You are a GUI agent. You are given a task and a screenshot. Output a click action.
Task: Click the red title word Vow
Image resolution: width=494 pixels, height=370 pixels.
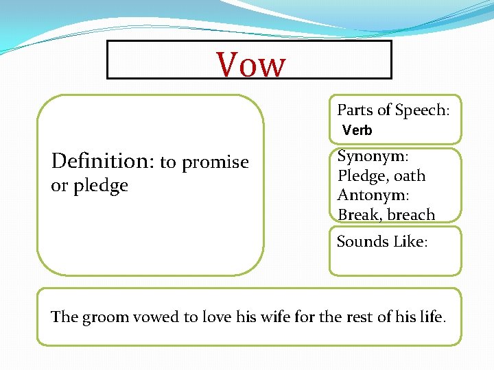click(x=250, y=64)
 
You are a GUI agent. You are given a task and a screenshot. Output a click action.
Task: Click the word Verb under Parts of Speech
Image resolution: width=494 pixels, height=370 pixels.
click(x=357, y=130)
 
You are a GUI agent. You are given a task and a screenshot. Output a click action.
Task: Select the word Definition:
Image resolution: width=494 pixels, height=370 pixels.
click(x=103, y=161)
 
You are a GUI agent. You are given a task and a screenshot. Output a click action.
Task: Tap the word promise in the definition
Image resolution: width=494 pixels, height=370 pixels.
click(x=217, y=163)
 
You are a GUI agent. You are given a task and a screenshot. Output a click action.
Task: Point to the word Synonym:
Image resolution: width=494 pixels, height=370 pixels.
click(x=370, y=157)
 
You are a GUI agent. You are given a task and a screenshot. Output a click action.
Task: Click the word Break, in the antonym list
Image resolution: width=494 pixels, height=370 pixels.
click(x=360, y=214)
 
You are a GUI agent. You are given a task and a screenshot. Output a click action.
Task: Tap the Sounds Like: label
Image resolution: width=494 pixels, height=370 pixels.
click(x=381, y=242)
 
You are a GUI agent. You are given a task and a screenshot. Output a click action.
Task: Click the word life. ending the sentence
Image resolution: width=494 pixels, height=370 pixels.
click(x=432, y=317)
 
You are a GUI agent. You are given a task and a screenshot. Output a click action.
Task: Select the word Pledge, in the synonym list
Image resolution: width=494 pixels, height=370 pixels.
click(x=361, y=176)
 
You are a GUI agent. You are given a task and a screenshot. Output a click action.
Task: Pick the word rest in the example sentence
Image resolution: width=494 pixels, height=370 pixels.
click(x=365, y=317)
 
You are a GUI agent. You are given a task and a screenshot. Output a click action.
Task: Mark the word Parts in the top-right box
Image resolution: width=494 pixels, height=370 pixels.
click(x=353, y=110)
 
